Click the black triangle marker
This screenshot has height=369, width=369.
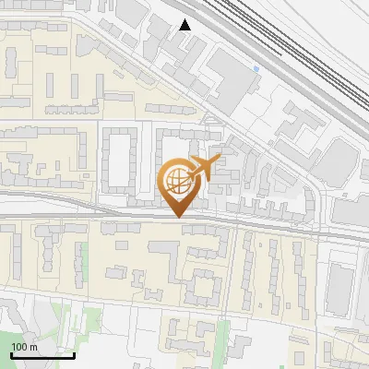point(185,25)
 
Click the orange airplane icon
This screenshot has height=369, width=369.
point(205,169)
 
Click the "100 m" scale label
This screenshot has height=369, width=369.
point(25,347)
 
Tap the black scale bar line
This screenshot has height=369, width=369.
point(42,355)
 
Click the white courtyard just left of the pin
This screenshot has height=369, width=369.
point(121,161)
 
